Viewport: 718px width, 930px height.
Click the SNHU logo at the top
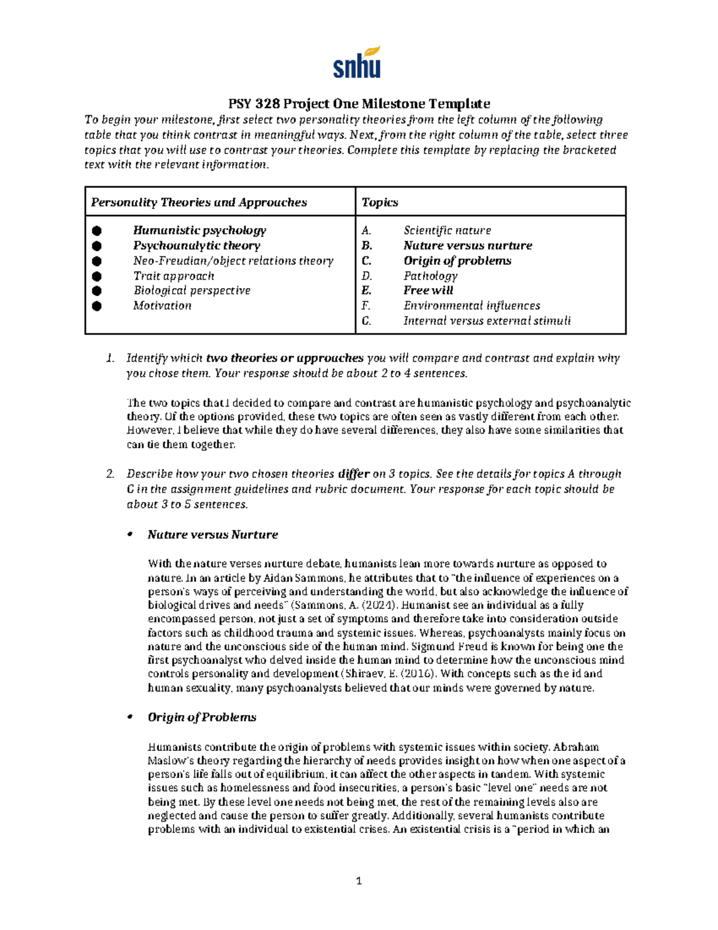(357, 62)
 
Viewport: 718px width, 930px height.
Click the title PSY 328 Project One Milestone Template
(359, 104)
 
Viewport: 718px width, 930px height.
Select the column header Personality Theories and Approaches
(199, 202)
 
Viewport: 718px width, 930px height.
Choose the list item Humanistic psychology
(199, 231)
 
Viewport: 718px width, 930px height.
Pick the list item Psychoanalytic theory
(196, 246)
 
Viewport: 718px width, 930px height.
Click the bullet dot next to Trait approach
(97, 276)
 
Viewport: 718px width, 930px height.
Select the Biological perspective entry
(191, 290)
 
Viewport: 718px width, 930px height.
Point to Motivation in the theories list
(162, 305)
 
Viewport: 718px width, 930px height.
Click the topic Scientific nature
(447, 231)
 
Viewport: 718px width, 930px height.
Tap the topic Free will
(428, 290)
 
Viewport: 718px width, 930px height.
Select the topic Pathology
(430, 276)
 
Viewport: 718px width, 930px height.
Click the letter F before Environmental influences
(366, 305)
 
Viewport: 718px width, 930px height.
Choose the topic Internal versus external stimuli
(486, 320)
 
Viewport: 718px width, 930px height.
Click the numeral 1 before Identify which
(109, 358)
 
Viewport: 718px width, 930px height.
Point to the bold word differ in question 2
(353, 474)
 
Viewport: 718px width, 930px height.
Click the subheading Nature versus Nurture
(212, 535)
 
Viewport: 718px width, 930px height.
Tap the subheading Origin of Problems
(202, 717)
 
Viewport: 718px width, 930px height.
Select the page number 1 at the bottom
(359, 880)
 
